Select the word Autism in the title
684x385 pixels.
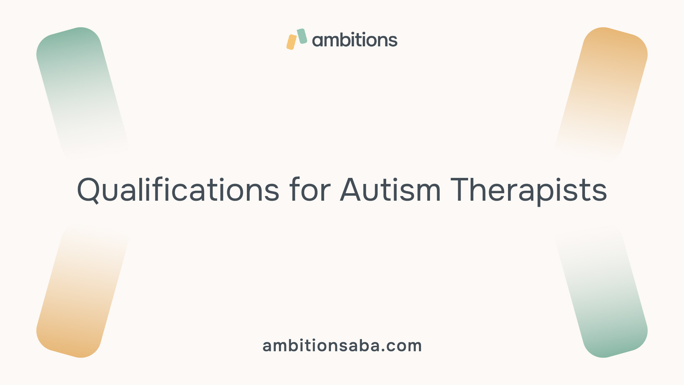pos(390,190)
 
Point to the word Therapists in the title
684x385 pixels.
pos(529,191)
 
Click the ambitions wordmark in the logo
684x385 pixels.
pos(355,40)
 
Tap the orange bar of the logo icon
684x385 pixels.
pos(292,42)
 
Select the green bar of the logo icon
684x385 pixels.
pos(302,36)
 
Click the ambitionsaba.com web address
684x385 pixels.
pos(342,345)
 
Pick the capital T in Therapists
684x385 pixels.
pos(461,190)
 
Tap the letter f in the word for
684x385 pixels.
pos(295,189)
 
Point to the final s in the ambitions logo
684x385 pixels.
pos(393,41)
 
